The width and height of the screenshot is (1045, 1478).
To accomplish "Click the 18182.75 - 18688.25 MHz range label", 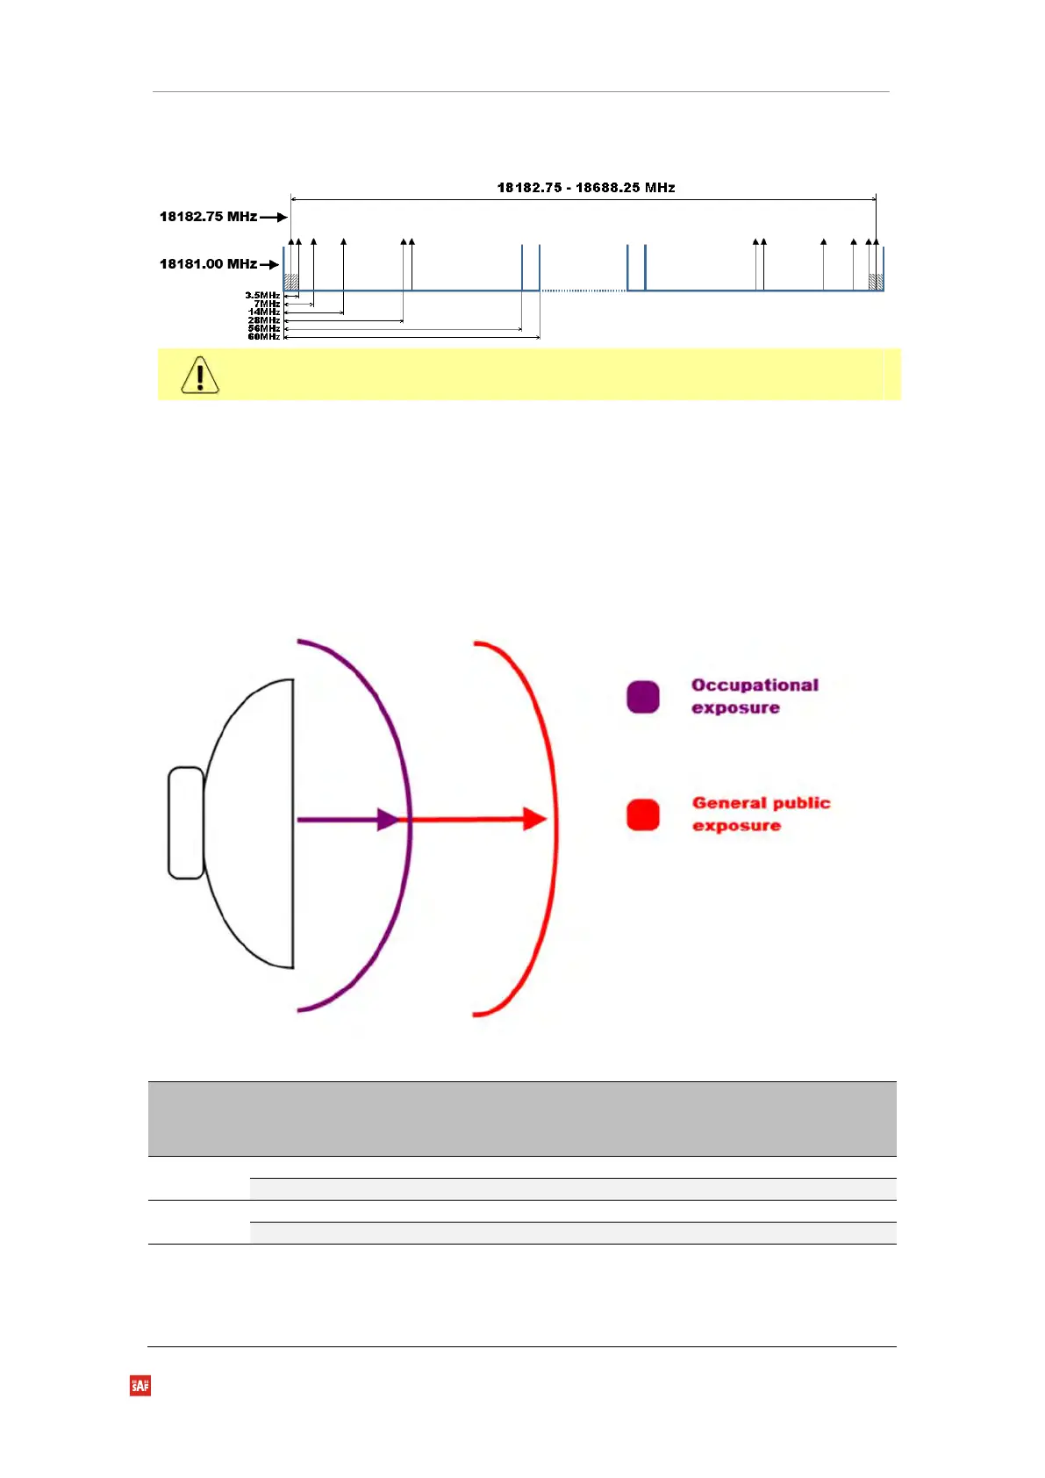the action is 586,188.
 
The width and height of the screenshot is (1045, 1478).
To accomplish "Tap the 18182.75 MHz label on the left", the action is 208,217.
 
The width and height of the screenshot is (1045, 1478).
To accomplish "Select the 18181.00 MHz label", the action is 208,264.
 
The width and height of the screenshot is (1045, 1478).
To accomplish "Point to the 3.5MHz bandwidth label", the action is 262,296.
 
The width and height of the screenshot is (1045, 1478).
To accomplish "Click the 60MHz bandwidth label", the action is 263,337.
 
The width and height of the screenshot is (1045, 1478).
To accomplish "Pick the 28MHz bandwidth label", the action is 263,320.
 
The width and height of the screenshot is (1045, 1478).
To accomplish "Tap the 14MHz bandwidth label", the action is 264,312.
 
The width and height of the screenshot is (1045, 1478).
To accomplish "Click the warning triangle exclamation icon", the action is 200,375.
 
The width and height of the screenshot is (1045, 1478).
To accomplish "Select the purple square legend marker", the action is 643,697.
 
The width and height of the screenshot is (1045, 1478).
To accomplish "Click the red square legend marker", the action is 643,814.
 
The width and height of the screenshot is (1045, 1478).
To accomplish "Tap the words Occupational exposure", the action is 755,696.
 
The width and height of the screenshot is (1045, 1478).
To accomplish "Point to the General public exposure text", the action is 761,814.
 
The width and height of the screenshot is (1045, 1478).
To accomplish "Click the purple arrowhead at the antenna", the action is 387,820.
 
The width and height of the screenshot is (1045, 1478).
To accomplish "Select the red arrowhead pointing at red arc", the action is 534,819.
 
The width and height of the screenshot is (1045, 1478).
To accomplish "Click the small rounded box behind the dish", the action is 186,822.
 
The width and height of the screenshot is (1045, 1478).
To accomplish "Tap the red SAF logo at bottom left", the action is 140,1386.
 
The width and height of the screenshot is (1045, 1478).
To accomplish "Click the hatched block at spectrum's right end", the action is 875,282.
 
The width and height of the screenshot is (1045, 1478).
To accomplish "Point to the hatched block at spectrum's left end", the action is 291,282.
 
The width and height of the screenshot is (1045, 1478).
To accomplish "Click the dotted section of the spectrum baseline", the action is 583,291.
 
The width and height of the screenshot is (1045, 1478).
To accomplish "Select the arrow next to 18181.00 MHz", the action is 269,264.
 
